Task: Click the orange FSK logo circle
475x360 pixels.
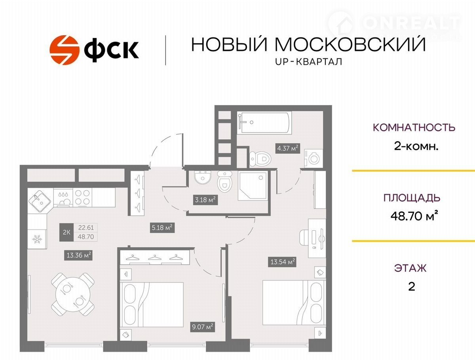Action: pos(64,50)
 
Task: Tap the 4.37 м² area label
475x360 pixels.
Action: pos(288,148)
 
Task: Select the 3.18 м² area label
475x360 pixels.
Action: pos(205,199)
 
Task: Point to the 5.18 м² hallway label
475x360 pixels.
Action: pos(162,227)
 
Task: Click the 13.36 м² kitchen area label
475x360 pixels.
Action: pos(78,255)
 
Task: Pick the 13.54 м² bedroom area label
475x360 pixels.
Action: pos(282,262)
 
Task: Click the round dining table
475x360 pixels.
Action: pos(73,294)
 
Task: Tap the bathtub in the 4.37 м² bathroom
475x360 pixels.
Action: pos(264,122)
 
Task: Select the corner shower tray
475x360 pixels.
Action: pos(253,186)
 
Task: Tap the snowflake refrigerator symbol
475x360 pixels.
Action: pos(37,239)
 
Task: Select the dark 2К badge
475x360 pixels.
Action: pos(66,233)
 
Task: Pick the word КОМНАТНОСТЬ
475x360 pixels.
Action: pos(414,127)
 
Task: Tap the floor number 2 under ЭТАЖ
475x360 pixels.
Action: pos(412,287)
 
